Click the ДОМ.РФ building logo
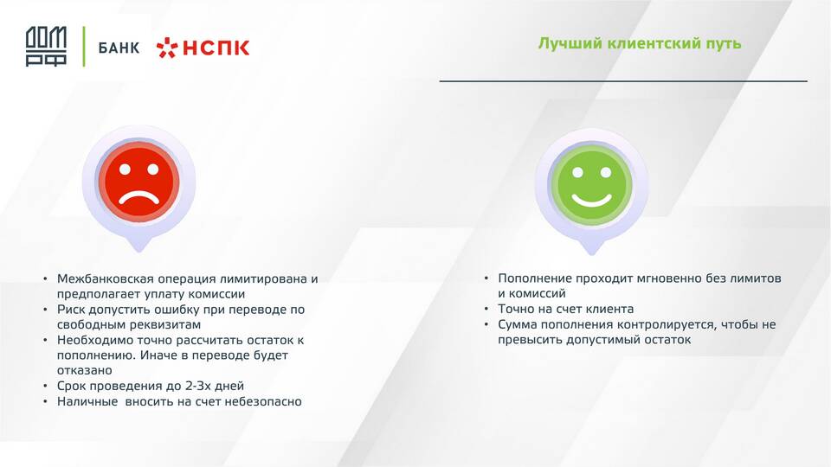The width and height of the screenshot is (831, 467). [46, 47]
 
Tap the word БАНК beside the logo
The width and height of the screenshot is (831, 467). [119, 48]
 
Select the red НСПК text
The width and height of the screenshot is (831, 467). [216, 48]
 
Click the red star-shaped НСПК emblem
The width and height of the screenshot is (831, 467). [167, 48]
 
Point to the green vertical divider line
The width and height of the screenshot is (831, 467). [84, 47]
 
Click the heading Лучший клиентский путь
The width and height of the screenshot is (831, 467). [640, 43]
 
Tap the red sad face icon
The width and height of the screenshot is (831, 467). [138, 181]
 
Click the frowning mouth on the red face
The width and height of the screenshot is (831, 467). [138, 198]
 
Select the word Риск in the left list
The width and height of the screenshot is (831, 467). [71, 310]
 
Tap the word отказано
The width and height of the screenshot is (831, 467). [85, 370]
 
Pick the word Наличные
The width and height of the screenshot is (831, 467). [87, 401]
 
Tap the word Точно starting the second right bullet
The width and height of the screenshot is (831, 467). [516, 309]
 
